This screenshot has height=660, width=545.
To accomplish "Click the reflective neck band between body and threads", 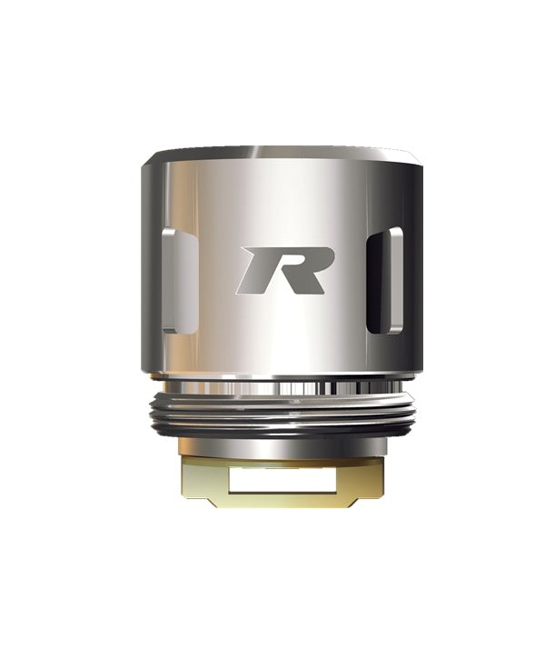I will pos(281,385).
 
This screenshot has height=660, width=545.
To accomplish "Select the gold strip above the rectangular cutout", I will pos(281,463).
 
